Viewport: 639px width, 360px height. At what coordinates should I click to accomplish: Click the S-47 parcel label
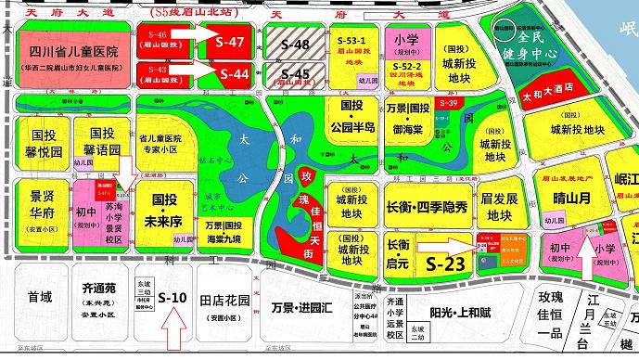[230, 43]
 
